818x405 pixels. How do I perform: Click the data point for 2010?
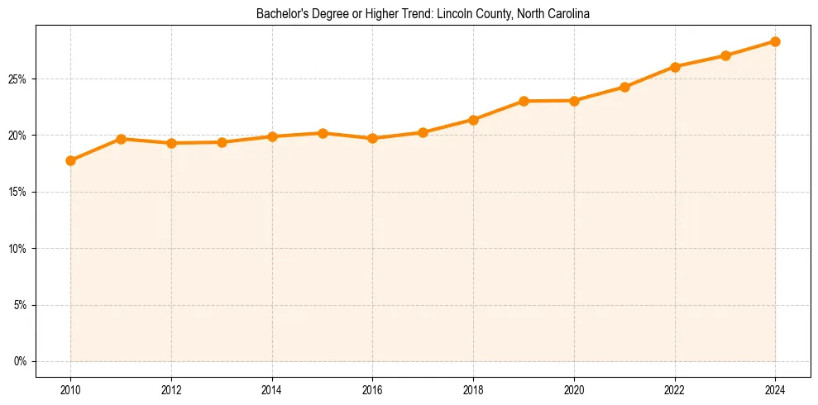click(x=70, y=160)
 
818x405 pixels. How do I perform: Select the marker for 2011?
click(x=121, y=139)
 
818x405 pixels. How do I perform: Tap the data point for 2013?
click(x=222, y=142)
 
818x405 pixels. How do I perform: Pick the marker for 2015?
click(x=323, y=133)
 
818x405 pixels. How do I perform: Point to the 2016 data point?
click(x=372, y=138)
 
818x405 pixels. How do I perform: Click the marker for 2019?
click(x=524, y=101)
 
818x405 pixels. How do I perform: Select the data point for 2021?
click(x=624, y=87)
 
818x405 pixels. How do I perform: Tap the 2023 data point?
click(x=725, y=55)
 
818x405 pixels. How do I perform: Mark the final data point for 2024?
click(x=775, y=41)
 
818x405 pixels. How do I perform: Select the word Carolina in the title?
click(x=567, y=14)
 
